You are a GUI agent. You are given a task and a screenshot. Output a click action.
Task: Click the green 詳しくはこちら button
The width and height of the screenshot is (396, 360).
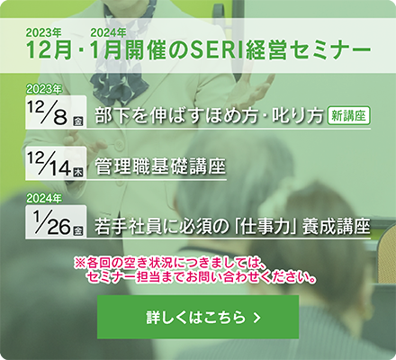(x=198, y=317)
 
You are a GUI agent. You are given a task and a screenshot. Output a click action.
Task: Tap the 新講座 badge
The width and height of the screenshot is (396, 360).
(x=349, y=115)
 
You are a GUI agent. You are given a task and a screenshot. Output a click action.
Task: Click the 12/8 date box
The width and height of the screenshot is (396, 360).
(x=56, y=112)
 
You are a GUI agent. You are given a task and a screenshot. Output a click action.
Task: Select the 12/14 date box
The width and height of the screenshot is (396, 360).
(x=56, y=164)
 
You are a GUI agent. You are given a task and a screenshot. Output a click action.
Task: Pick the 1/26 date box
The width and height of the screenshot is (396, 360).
(x=56, y=222)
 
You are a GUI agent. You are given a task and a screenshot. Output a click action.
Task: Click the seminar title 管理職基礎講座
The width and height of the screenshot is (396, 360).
(x=160, y=166)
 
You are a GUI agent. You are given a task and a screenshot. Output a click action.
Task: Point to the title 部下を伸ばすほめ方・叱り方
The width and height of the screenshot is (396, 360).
(x=209, y=116)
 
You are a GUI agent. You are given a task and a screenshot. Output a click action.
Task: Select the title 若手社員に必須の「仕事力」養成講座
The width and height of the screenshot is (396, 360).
(x=232, y=227)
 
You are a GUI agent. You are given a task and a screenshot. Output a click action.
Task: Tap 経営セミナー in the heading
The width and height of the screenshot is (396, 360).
(x=308, y=49)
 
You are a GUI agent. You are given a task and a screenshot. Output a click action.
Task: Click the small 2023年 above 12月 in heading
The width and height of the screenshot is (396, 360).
(x=44, y=32)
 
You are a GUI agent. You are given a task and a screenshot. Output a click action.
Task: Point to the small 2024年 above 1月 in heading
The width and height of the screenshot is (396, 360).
(x=108, y=32)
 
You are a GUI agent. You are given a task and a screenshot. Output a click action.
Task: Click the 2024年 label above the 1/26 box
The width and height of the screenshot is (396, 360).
(x=44, y=199)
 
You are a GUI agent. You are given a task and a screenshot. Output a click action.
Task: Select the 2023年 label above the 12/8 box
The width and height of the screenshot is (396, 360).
(x=44, y=89)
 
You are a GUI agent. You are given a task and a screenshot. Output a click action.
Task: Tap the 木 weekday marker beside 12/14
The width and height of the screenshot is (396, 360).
(x=78, y=172)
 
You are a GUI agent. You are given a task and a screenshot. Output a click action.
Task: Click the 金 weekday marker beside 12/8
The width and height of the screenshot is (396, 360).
(x=78, y=121)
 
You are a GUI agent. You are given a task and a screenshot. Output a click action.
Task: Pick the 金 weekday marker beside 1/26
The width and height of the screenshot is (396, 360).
(x=78, y=230)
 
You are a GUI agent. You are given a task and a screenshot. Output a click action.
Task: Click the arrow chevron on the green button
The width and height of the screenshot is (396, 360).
(x=256, y=318)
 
